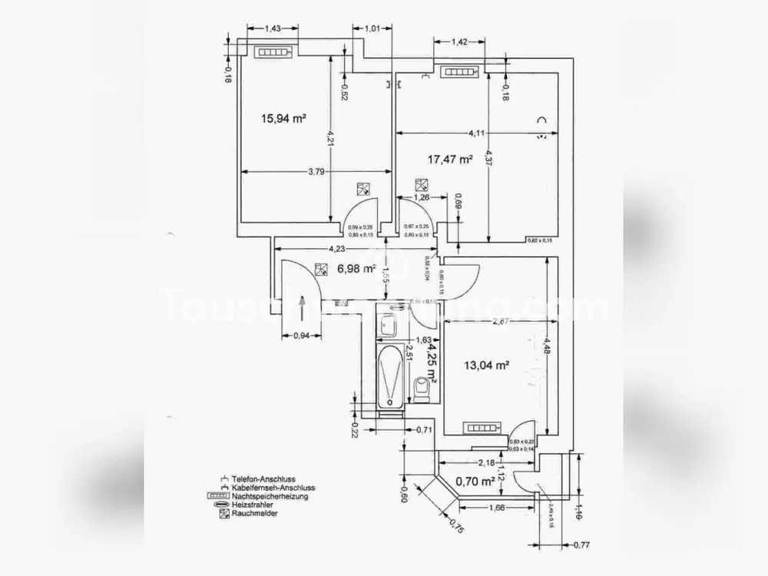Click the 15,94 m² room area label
click(x=284, y=118)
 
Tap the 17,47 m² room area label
click(x=450, y=160)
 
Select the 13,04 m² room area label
click(x=488, y=366)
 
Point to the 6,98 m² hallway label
click(x=356, y=269)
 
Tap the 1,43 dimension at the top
click(x=272, y=28)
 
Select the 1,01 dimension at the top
click(x=372, y=28)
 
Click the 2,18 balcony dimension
click(x=485, y=462)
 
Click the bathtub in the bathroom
click(x=390, y=376)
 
